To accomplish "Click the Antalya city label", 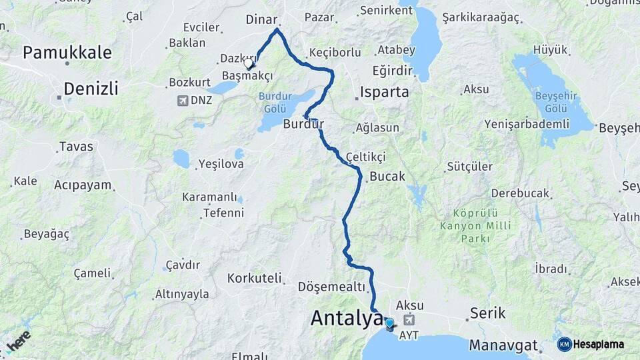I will pos(347,319).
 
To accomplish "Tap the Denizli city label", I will pos(91,88).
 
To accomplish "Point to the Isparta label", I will pos(384,92).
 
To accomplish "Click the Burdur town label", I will pos(303,123).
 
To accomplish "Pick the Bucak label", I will pos(387,177).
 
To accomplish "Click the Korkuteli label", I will pos(254,278).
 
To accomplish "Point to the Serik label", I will pos(487,313).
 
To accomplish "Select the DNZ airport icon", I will pos(181,101).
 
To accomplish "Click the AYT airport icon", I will pos(408,321).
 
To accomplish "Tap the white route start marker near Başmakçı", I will pos(249,64).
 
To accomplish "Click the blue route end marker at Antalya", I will pos(389,324).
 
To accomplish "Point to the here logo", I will pos(18,341).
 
